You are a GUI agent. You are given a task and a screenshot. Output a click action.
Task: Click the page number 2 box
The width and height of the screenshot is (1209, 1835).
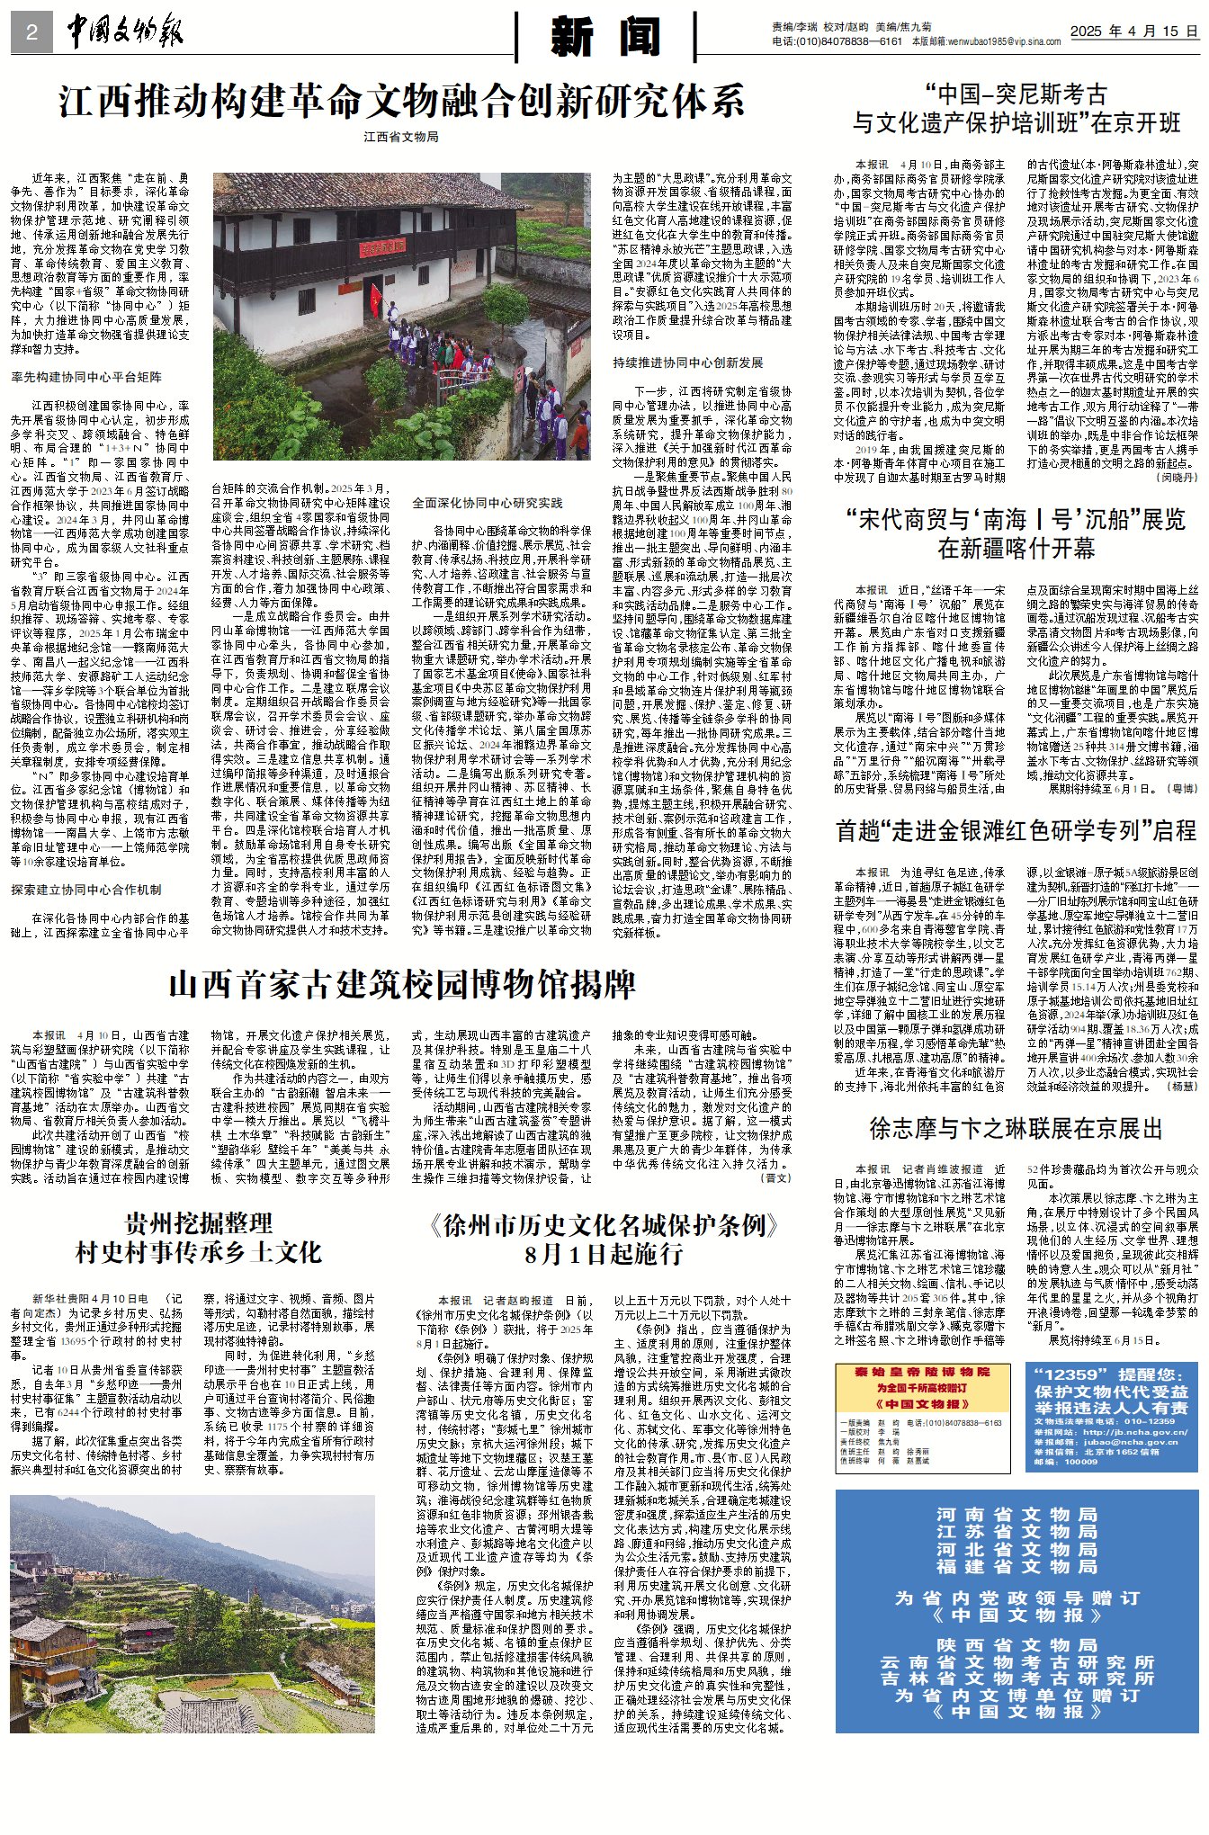(32, 33)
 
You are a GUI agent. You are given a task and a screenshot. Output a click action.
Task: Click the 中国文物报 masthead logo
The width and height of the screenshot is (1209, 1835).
(125, 32)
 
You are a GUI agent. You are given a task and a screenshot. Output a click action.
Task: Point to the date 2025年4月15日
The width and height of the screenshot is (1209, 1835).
(1133, 31)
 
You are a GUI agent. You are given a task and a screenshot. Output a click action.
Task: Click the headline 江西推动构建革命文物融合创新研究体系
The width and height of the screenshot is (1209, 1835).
(402, 101)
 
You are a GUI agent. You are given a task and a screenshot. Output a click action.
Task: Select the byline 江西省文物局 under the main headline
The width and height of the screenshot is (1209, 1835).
(401, 137)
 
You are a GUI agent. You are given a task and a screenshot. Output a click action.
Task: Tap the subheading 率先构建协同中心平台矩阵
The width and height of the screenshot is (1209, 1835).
(86, 377)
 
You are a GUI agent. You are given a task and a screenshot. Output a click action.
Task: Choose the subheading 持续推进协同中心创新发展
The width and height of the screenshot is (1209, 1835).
(688, 363)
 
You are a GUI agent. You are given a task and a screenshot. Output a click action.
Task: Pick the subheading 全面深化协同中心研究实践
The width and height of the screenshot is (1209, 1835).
(488, 502)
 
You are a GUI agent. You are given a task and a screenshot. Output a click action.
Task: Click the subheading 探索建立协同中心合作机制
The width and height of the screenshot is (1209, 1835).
(86, 889)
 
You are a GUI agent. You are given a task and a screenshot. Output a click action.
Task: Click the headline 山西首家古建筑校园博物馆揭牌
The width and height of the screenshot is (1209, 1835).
(402, 984)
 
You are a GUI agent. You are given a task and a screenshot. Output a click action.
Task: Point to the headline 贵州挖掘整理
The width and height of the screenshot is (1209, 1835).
(199, 1222)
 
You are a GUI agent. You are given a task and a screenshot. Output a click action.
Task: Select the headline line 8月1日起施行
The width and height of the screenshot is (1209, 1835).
(604, 1253)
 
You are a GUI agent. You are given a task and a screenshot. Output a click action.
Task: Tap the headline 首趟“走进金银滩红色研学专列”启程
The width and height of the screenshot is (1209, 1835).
(1016, 830)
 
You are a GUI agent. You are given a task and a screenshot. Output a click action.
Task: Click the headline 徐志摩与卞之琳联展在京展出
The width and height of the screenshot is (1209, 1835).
(1016, 1128)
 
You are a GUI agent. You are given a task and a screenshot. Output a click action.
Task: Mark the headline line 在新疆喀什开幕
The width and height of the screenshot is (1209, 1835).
(1016, 548)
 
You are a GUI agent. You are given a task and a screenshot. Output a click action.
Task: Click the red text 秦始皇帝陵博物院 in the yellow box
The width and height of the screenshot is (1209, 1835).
(922, 1372)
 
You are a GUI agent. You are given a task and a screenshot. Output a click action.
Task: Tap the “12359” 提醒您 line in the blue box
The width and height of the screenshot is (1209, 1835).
(1110, 1374)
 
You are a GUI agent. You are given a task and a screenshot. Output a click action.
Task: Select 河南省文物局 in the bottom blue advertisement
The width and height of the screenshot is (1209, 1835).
(1016, 1515)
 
